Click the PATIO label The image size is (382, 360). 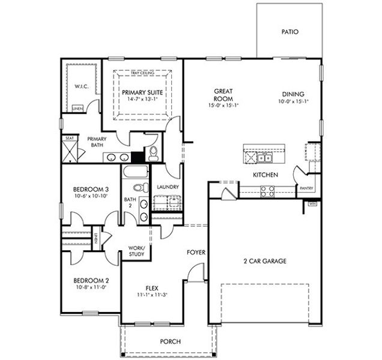[290, 32]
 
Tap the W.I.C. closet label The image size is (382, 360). [82, 86]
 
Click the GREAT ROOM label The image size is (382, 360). [223, 95]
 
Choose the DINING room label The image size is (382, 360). [291, 94]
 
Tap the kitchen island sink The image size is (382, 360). [265, 158]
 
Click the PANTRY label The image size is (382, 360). [306, 188]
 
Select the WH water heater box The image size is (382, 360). [312, 204]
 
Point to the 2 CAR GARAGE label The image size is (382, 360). [265, 261]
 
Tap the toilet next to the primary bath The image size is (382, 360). [153, 152]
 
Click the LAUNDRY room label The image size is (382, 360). [168, 187]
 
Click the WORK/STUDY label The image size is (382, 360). [137, 251]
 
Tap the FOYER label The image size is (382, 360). [196, 252]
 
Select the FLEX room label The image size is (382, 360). [152, 287]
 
